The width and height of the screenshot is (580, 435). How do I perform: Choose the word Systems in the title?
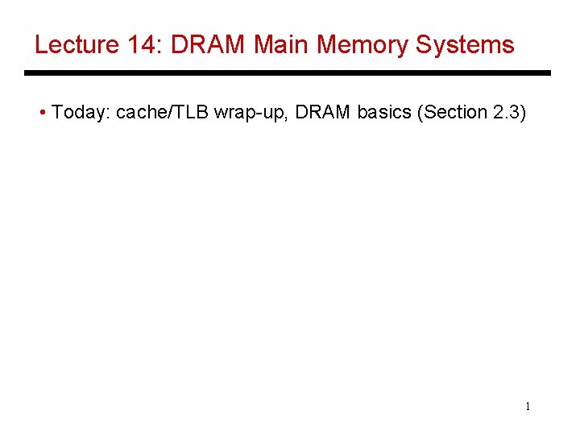click(x=465, y=44)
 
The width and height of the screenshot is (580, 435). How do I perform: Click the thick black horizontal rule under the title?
click(x=287, y=73)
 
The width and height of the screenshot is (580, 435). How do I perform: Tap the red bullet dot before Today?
click(x=42, y=113)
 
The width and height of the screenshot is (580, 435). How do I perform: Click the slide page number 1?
click(x=528, y=407)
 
